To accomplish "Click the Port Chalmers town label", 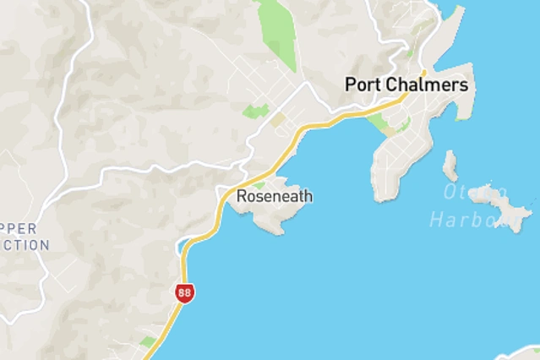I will click(406, 85).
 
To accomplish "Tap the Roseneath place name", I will click(275, 196).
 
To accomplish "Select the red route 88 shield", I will click(184, 293).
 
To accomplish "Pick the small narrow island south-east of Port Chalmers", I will click(450, 165).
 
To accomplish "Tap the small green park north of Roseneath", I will click(255, 111).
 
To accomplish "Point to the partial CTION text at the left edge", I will click(25, 245).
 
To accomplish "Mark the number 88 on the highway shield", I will click(184, 293).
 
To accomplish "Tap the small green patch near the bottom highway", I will click(148, 342).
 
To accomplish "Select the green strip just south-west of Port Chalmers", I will click(380, 125).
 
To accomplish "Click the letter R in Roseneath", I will click(242, 196).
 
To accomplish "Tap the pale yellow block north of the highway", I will click(278, 120).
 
